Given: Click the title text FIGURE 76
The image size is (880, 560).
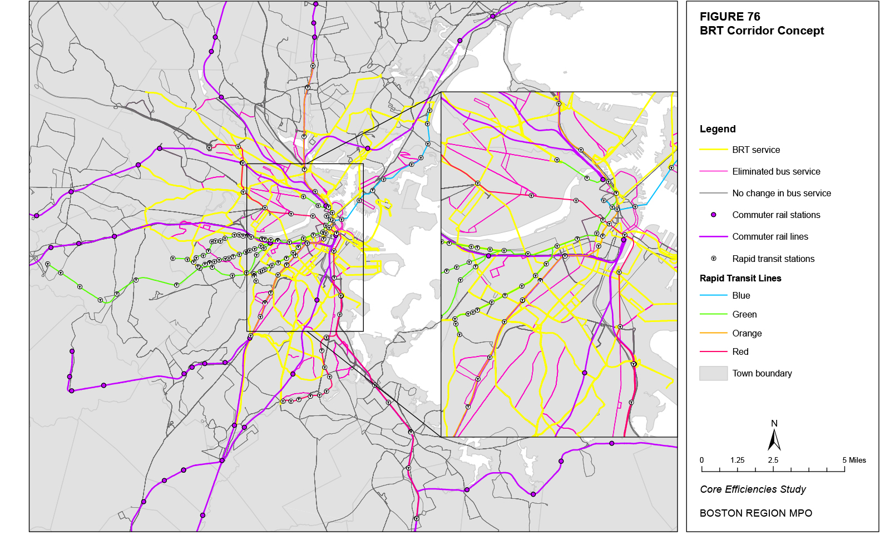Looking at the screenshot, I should [730, 17].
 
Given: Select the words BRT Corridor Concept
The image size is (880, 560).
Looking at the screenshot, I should [762, 31].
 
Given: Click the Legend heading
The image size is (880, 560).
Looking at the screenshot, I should [718, 129].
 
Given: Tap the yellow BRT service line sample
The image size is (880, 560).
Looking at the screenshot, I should [714, 150].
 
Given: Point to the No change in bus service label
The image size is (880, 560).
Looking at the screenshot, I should [781, 194].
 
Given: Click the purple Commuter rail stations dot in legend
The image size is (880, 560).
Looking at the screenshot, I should [714, 215].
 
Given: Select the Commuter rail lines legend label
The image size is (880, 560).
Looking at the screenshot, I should [770, 237].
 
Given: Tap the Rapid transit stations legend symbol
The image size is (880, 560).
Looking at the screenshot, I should [714, 259].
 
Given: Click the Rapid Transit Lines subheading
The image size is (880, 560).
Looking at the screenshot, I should [740, 279].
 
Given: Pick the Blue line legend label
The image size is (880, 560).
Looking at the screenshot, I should [741, 296].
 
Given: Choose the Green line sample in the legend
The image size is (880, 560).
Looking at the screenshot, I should [714, 315].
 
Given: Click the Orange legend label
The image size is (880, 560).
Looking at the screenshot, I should [746, 334].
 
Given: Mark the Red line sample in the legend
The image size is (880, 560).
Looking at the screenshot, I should [714, 352].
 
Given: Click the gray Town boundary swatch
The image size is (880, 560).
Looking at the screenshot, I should [714, 374].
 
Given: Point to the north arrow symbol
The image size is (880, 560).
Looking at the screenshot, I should [774, 439].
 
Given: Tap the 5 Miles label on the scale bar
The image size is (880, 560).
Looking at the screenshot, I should [854, 460].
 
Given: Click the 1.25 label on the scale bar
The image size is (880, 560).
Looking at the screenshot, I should [737, 460].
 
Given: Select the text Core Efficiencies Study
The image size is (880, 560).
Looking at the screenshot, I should [753, 489].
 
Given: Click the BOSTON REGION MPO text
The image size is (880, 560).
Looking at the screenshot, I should [755, 513].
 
